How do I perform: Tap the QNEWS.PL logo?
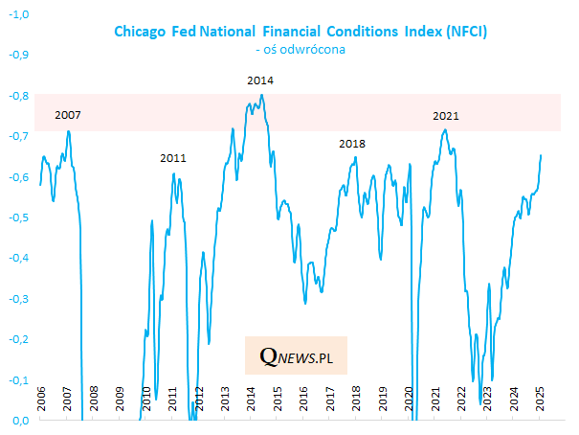pyautogui.click(x=295, y=356)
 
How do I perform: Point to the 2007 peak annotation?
pyautogui.click(x=68, y=116)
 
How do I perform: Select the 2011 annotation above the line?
pyautogui.click(x=173, y=158)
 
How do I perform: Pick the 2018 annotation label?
pyautogui.click(x=352, y=144)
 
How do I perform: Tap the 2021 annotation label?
pyautogui.click(x=446, y=116)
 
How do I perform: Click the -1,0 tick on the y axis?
pyautogui.click(x=19, y=14)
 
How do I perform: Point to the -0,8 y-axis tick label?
pyautogui.click(x=19, y=96)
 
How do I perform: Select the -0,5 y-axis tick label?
pyautogui.click(x=19, y=217)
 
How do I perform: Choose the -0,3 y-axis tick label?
pyautogui.click(x=19, y=298)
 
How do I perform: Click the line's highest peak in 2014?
pyautogui.click(x=262, y=95)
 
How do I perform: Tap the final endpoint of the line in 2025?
pyautogui.click(x=542, y=155)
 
